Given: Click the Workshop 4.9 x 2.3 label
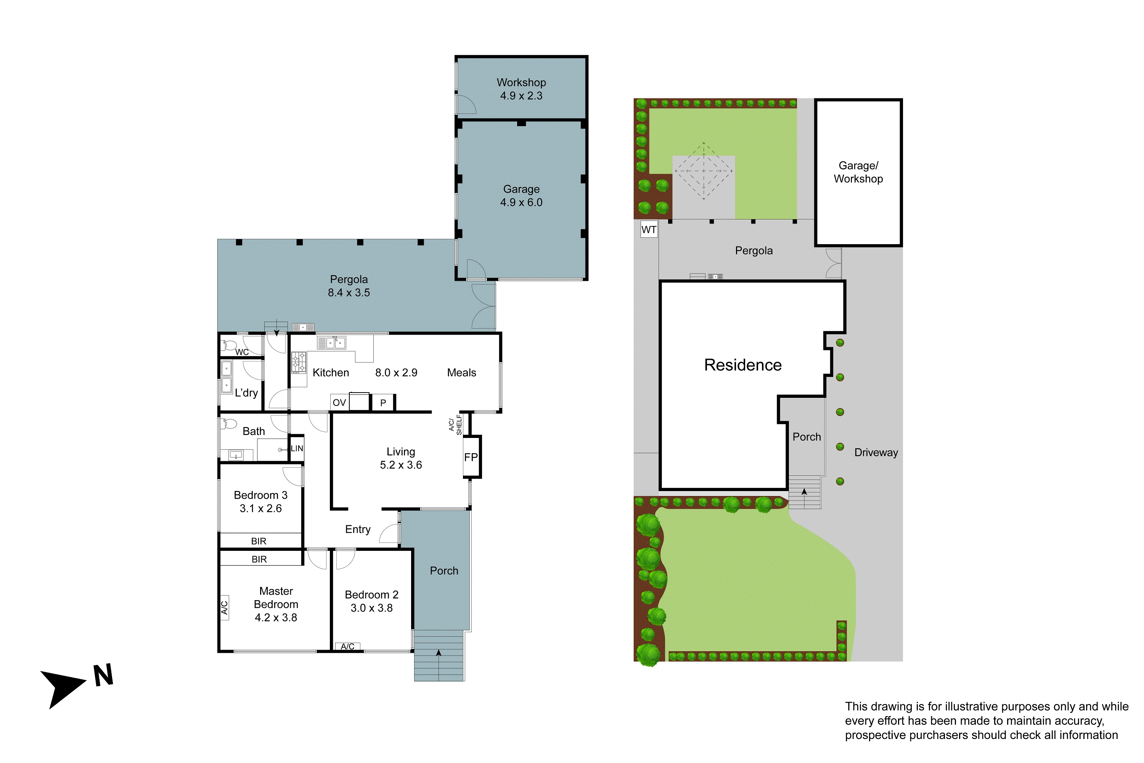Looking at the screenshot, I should click(521, 89).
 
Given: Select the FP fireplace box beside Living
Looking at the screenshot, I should click(471, 457).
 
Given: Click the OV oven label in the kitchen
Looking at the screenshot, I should click(339, 402).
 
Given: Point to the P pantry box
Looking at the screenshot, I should click(383, 402).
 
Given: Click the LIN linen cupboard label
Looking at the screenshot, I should click(297, 449).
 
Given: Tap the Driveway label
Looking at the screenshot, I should click(876, 452).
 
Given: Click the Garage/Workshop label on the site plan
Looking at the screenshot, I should click(858, 172).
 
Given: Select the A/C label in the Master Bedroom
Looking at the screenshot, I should click(225, 607).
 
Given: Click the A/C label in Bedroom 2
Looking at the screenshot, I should click(347, 646).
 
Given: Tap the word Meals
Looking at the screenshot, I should click(461, 373).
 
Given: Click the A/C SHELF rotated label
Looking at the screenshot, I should click(455, 424).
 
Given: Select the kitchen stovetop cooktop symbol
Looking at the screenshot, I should click(299, 362).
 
